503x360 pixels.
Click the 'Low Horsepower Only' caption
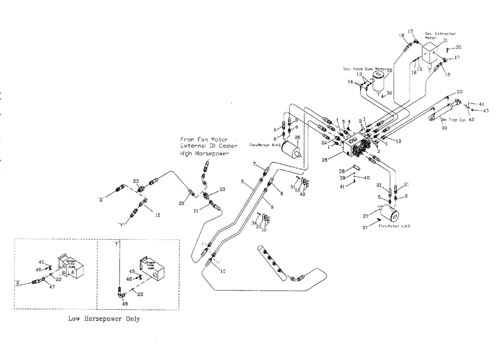[x=104, y=319]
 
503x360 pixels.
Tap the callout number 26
[x=297, y=137]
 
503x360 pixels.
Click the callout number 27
[x=373, y=216]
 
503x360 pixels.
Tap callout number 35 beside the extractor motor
[x=458, y=47]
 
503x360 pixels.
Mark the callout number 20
[x=459, y=92]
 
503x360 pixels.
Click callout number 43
[x=485, y=111]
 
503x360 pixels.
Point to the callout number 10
[x=223, y=271]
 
